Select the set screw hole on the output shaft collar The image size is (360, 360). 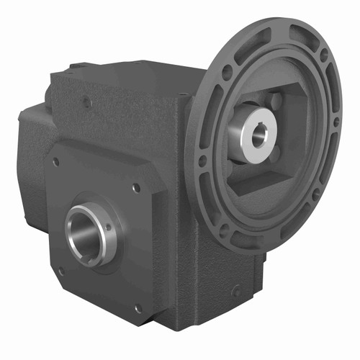(109, 226)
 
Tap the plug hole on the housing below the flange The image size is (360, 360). (235, 292)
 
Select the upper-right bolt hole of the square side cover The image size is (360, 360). (136, 189)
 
